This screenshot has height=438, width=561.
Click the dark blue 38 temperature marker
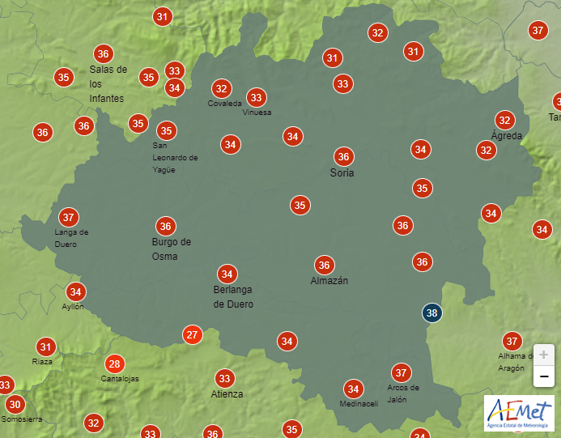(x=433, y=313)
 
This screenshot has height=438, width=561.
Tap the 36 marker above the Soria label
(x=344, y=157)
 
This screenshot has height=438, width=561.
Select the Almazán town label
(x=329, y=280)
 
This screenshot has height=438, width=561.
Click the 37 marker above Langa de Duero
(x=69, y=217)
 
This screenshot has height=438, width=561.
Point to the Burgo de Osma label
(x=171, y=249)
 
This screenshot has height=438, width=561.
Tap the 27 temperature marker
(x=192, y=334)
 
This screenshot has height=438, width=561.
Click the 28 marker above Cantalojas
(x=115, y=364)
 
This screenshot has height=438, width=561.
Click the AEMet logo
(x=518, y=412)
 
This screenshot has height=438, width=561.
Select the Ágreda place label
(x=507, y=135)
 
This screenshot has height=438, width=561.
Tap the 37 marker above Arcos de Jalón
(x=401, y=372)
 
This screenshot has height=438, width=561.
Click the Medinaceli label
(x=359, y=404)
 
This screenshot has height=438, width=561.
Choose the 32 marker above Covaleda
(x=221, y=88)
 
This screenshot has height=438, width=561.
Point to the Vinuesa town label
(x=257, y=113)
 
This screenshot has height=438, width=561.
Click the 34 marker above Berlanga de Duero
(x=227, y=274)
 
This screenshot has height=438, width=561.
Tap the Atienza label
(x=227, y=394)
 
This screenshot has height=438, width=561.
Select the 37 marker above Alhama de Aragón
(x=512, y=341)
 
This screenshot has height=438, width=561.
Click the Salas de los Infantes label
(x=108, y=83)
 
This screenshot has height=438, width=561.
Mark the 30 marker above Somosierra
(x=15, y=404)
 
